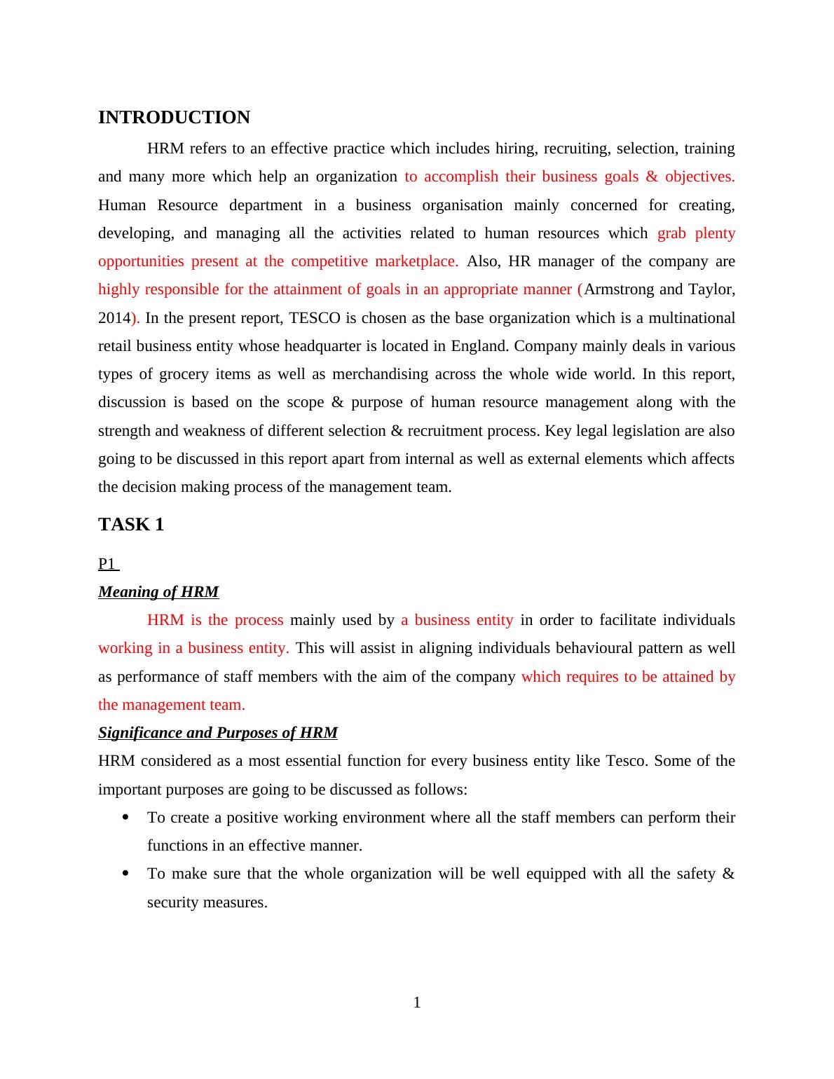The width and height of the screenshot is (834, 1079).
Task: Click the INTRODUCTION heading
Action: coord(174,118)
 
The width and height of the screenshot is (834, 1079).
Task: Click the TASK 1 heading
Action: coord(131,525)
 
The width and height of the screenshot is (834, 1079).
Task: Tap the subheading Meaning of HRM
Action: coord(158,592)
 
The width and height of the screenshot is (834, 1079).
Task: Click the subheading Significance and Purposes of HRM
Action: coord(217,733)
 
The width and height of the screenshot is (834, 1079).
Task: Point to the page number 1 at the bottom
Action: coord(417,1003)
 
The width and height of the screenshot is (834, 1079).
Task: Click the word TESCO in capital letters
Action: coord(314,318)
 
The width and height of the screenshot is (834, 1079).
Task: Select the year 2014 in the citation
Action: coord(114,318)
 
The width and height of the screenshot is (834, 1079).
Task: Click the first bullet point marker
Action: coord(125,817)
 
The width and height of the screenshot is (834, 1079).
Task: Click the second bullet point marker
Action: coord(125,873)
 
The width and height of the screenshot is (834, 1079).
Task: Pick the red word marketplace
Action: coord(416,261)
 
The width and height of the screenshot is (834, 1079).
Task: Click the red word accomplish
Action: coord(460,177)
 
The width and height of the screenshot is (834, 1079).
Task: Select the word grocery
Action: coord(179,374)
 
